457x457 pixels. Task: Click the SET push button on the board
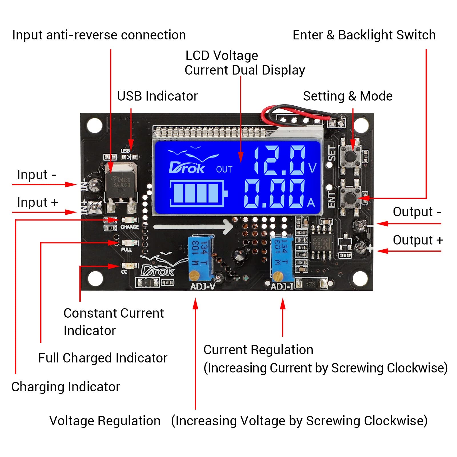coord(350,156)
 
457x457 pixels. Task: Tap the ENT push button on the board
coord(350,197)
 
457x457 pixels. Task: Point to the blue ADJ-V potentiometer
coord(201,258)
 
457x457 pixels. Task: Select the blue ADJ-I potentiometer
coord(282,258)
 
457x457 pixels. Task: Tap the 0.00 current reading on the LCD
coord(274,194)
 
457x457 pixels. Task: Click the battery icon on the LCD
coord(198,193)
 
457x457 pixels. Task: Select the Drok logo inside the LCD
coord(187,168)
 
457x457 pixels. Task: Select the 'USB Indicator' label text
coord(157,96)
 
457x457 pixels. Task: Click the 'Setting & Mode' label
coord(348,96)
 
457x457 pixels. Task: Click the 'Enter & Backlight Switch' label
coord(364,35)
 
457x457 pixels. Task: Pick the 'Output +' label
coord(418,240)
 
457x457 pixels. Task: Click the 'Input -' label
coord(36,175)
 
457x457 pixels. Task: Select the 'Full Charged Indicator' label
coord(103,358)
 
